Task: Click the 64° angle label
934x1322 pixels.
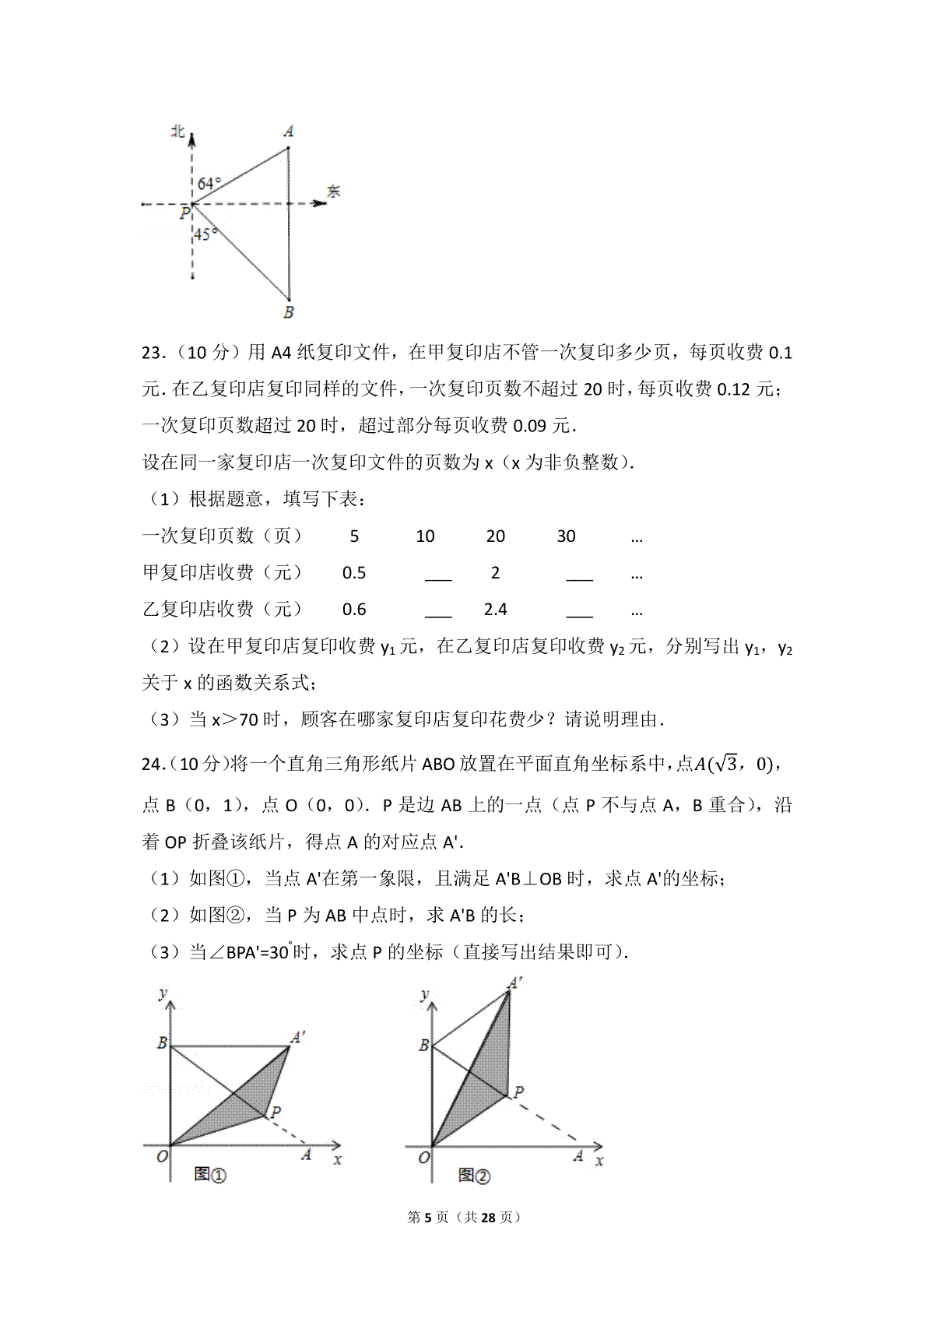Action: point(209,184)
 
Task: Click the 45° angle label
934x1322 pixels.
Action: point(205,234)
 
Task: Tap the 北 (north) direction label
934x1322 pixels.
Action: point(177,132)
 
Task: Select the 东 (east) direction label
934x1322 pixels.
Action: point(334,192)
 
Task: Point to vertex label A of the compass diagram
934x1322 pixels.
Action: point(289,131)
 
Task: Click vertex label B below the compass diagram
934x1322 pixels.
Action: point(289,313)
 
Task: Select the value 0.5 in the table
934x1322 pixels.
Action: point(354,573)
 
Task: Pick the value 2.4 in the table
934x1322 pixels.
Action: point(495,610)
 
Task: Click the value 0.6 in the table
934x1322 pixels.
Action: point(354,610)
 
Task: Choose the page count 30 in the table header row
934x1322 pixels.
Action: point(566,536)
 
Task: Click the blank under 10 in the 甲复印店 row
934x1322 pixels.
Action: point(438,577)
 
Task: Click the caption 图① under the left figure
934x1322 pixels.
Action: point(209,1174)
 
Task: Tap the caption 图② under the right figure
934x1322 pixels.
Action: point(474,1175)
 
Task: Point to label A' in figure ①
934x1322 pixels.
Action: point(298,1037)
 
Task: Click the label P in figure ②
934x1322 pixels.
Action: point(518,1092)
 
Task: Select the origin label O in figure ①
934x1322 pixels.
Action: point(162,1157)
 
